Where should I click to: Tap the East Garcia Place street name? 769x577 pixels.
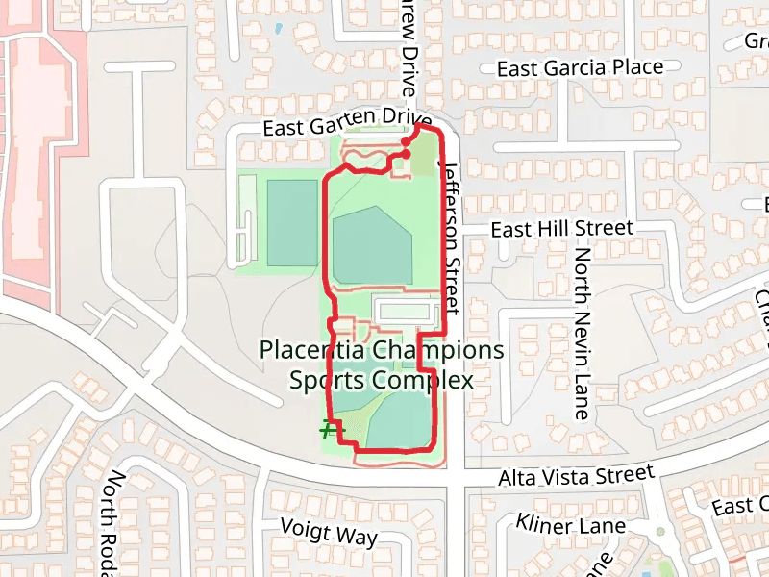tap(581, 68)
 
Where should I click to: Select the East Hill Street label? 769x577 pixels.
tap(562, 229)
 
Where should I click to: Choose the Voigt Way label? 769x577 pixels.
tap(329, 532)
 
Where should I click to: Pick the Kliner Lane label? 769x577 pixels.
tap(571, 525)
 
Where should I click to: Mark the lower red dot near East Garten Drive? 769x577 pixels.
tap(406, 154)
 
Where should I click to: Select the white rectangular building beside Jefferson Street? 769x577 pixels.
tap(407, 312)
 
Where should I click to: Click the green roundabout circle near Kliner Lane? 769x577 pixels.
tap(660, 532)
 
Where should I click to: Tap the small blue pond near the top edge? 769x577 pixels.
tap(278, 28)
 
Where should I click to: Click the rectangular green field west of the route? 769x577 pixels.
tap(292, 222)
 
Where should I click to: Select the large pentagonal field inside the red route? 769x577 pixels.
tap(372, 245)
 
